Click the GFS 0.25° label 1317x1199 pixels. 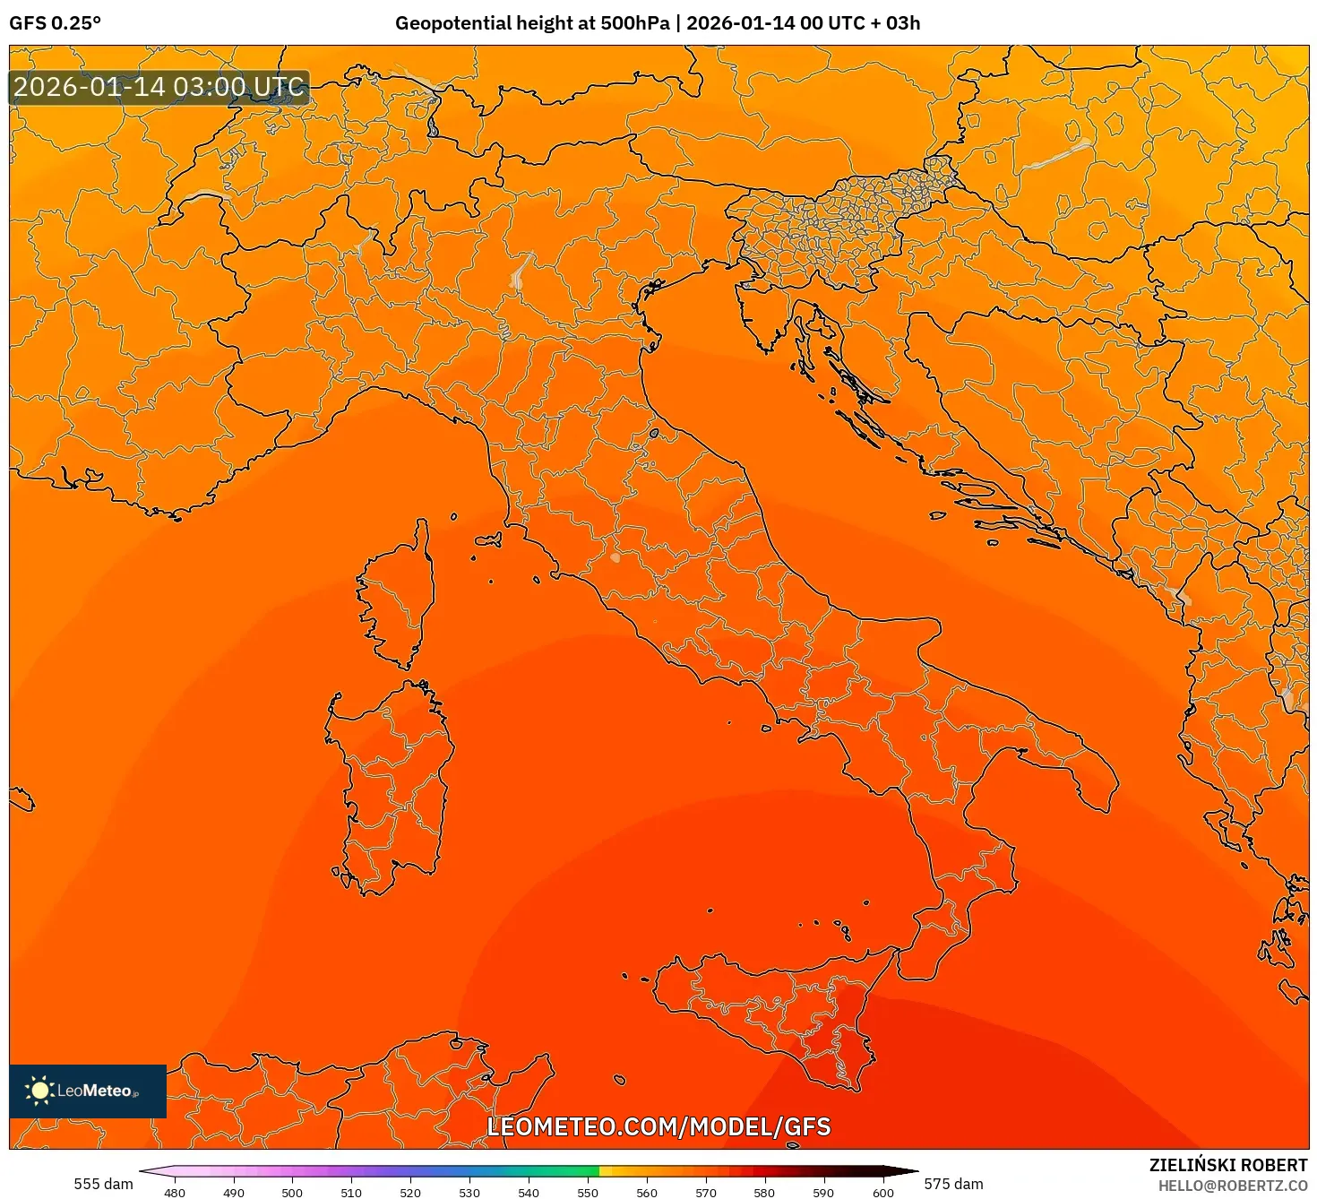tap(55, 23)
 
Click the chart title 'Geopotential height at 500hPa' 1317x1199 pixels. tap(532, 23)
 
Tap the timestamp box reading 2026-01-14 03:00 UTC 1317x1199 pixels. tap(159, 88)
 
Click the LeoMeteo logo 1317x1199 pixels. tap(88, 1091)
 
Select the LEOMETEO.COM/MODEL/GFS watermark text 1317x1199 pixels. tap(658, 1126)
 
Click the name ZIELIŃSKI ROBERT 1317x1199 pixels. tap(1228, 1165)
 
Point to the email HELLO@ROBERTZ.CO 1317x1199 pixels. tap(1233, 1186)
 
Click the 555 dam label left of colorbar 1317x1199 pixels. tap(103, 1184)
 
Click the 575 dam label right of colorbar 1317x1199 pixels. tap(953, 1184)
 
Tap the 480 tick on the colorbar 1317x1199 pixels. tap(175, 1192)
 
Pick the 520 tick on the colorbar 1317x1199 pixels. tap(410, 1192)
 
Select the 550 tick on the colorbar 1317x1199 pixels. tap(588, 1192)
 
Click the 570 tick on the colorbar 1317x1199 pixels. tap(706, 1192)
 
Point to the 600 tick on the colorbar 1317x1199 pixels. tap(882, 1192)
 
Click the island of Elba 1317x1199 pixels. tap(488, 540)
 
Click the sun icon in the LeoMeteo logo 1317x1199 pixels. tap(39, 1091)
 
